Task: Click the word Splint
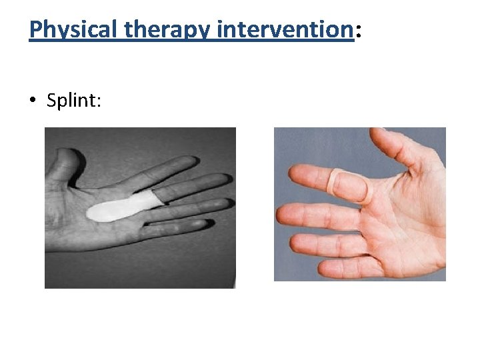click(x=73, y=101)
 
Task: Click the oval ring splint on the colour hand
click(x=346, y=187)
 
